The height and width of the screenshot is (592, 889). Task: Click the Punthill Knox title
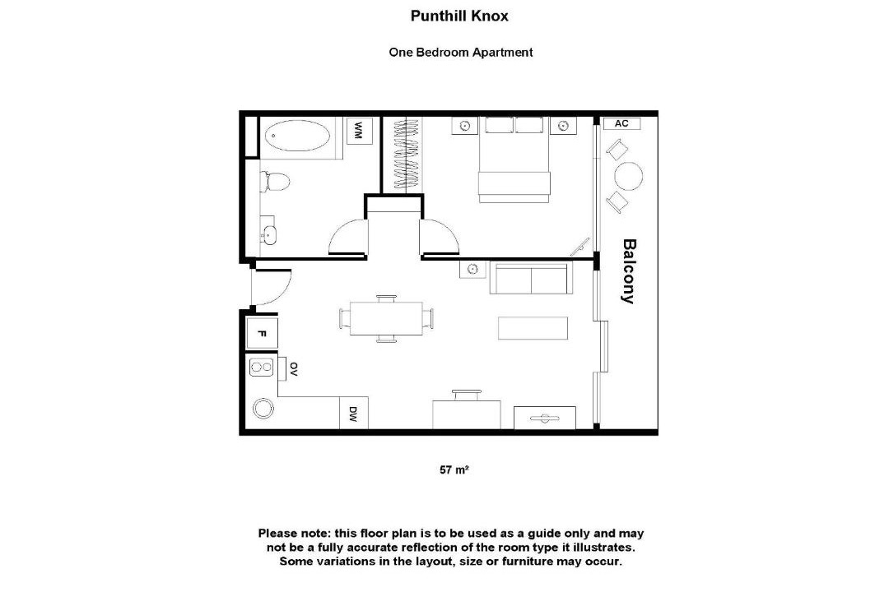(x=459, y=16)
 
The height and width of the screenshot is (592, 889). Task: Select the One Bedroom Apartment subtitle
(x=460, y=52)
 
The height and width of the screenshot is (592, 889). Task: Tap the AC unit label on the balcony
(x=621, y=123)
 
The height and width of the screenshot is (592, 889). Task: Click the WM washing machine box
(x=360, y=132)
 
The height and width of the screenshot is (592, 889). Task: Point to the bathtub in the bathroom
(x=297, y=136)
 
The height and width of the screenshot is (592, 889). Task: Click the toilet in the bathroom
(x=274, y=182)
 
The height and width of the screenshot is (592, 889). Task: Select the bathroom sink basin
(x=268, y=234)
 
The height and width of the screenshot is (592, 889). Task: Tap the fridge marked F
(x=262, y=333)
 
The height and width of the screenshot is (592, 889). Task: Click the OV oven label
(x=293, y=369)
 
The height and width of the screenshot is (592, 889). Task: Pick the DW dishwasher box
(x=353, y=413)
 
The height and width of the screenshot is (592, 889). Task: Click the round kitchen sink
(x=263, y=408)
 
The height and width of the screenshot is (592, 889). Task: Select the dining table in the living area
(x=386, y=318)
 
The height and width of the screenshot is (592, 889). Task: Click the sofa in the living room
(x=531, y=278)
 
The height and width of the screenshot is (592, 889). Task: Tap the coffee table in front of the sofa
(x=533, y=328)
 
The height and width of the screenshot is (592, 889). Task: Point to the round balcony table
(x=628, y=176)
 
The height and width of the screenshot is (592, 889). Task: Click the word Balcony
(x=629, y=271)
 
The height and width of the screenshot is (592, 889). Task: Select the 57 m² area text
(x=454, y=469)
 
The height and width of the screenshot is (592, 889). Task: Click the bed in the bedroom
(x=514, y=160)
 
